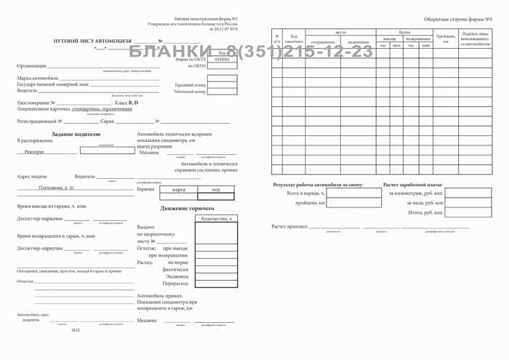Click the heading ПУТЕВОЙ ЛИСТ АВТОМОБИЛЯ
click(x=92, y=41)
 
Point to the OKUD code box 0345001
click(x=222, y=60)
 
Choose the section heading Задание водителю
click(x=76, y=134)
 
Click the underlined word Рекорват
click(x=34, y=152)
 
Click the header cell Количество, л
click(x=216, y=218)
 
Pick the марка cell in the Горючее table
click(x=178, y=188)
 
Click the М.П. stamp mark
click(x=76, y=330)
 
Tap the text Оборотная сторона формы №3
click(x=458, y=19)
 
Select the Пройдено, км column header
click(x=445, y=38)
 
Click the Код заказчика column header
click(x=293, y=39)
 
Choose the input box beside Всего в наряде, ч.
click(x=353, y=193)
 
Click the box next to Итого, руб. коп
click(x=468, y=212)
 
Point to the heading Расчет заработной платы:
click(x=412, y=185)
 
